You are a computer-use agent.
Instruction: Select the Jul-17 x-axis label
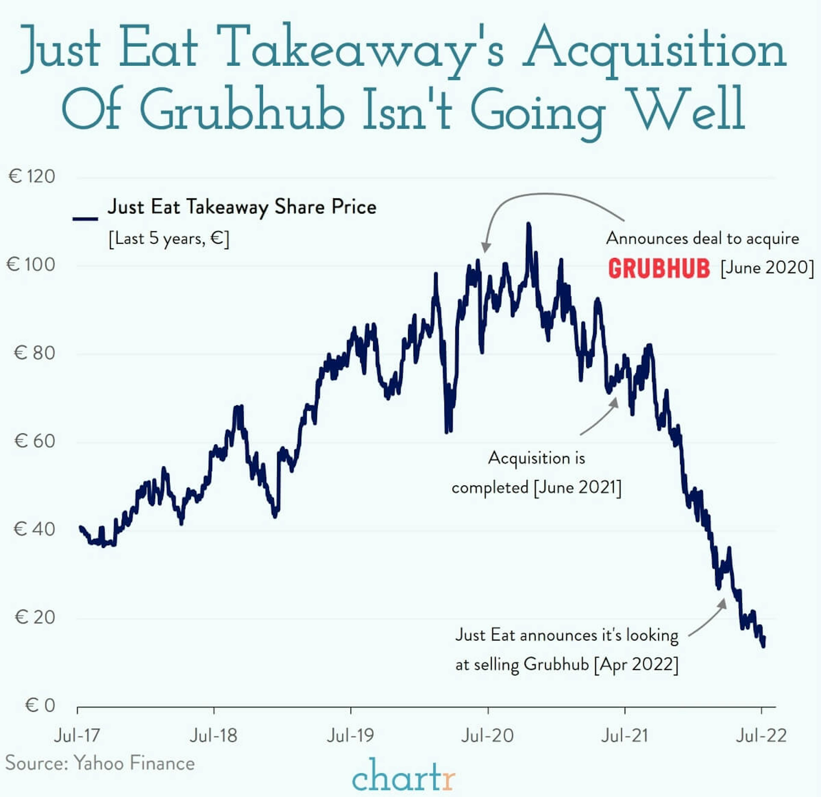point(77,735)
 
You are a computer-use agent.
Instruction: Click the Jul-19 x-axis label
point(350,735)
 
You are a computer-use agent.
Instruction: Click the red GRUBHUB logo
point(659,268)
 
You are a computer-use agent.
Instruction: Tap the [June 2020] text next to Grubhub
point(767,267)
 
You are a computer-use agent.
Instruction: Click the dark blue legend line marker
point(85,219)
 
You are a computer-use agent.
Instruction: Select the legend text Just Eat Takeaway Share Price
point(242,207)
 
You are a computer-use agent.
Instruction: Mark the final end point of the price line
point(764,645)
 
